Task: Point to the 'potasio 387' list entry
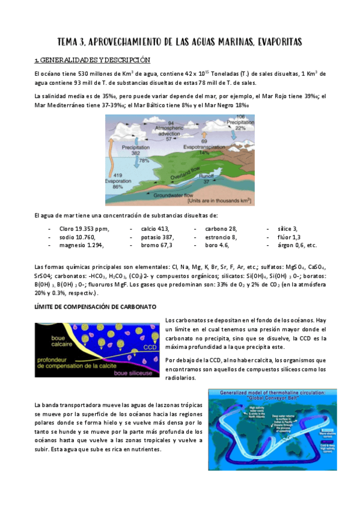coord(157,237)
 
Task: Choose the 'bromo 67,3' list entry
coord(157,245)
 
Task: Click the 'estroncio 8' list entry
coord(221,237)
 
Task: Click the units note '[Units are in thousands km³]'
coord(220,200)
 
